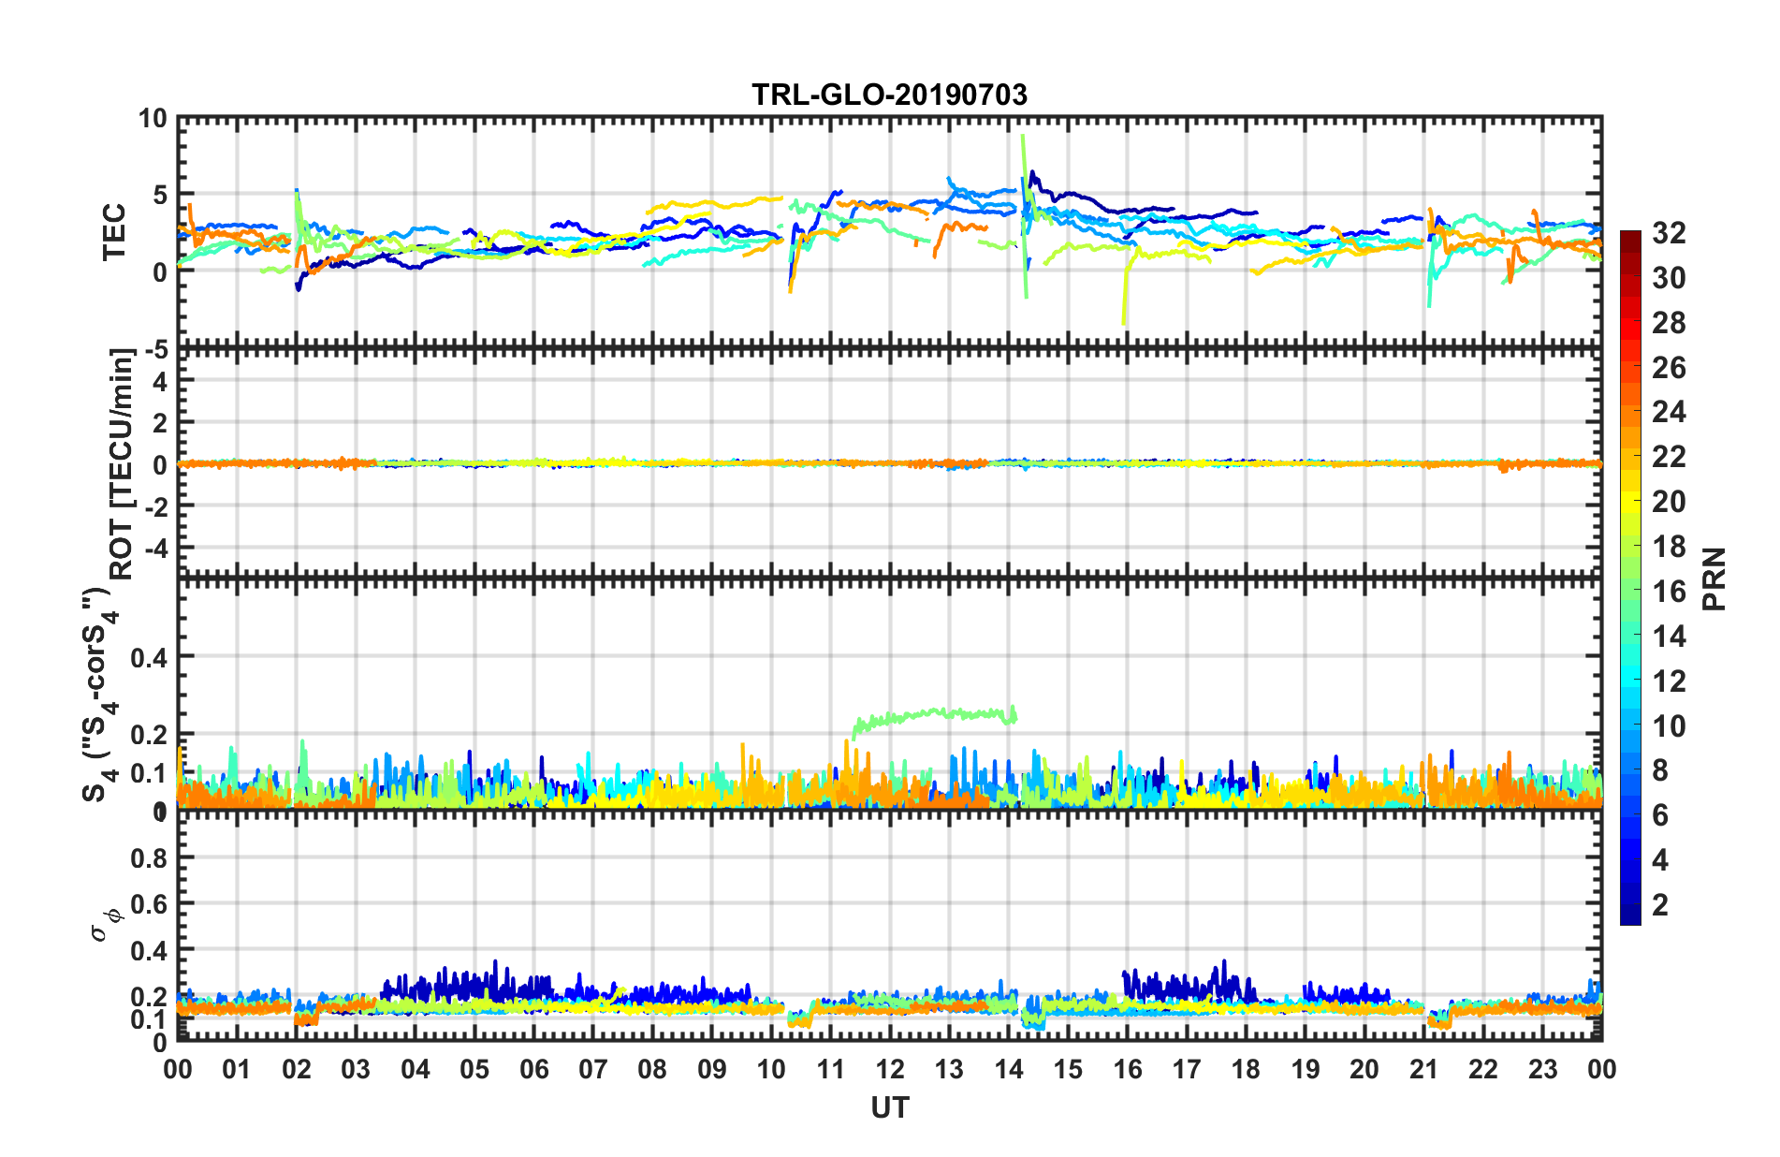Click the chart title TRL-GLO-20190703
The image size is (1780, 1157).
[889, 95]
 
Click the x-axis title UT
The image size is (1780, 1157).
[889, 1108]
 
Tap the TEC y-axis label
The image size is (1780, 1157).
[114, 232]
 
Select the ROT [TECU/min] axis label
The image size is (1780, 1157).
[122, 463]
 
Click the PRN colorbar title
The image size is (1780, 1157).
[1714, 578]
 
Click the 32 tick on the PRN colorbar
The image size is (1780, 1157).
[1669, 233]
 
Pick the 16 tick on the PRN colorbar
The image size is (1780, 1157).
[1669, 592]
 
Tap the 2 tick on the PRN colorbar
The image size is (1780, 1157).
[1661, 905]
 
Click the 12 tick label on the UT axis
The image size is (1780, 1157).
[890, 1069]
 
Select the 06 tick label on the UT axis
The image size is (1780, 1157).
[534, 1069]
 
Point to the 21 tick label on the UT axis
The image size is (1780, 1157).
[1424, 1069]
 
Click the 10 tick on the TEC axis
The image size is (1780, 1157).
[153, 119]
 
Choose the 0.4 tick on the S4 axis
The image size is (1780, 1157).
[150, 657]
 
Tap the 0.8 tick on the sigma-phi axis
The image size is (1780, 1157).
[150, 858]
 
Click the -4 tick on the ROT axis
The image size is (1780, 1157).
[157, 546]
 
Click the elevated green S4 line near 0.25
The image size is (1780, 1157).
[936, 714]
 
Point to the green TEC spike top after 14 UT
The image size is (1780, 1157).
[1023, 137]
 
